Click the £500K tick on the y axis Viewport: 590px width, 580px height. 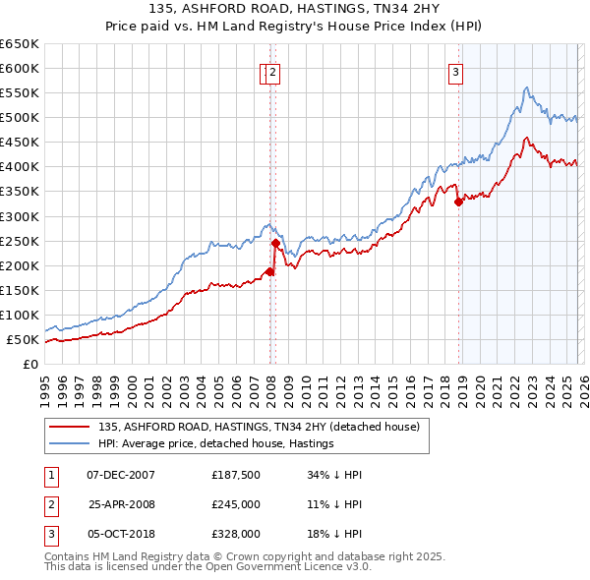pyautogui.click(x=21, y=118)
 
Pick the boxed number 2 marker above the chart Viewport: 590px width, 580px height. pyautogui.click(x=272, y=71)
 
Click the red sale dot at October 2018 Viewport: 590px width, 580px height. pyautogui.click(x=458, y=203)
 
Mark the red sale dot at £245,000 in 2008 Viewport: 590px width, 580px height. pyautogui.click(x=276, y=243)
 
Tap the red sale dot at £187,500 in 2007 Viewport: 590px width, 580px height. pyautogui.click(x=269, y=271)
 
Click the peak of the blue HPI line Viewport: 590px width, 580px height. pyautogui.click(x=527, y=88)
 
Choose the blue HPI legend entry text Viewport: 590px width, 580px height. pyautogui.click(x=216, y=443)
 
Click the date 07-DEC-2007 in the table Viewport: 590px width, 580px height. pyautogui.click(x=120, y=475)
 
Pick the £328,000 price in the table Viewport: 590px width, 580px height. pyautogui.click(x=236, y=534)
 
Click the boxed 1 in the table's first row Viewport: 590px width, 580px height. pyautogui.click(x=50, y=475)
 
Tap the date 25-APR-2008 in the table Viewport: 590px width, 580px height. pyautogui.click(x=120, y=504)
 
